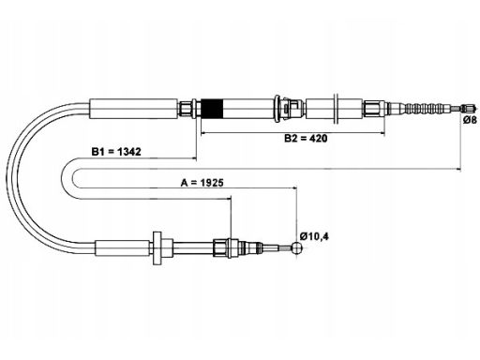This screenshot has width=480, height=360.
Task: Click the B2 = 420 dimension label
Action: (306, 138)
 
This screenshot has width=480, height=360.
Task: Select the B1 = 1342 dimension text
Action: (116, 152)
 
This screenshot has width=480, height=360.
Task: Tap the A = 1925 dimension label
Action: (202, 183)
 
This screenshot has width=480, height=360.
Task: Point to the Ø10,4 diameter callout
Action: (314, 236)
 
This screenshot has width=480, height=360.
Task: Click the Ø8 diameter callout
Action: (470, 120)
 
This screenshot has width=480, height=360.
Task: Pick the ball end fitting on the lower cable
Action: (296, 247)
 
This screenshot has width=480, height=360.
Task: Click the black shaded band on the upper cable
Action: (212, 109)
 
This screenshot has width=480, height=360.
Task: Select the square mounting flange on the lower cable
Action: (157, 248)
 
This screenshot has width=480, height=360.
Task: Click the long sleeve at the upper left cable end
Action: (134, 109)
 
